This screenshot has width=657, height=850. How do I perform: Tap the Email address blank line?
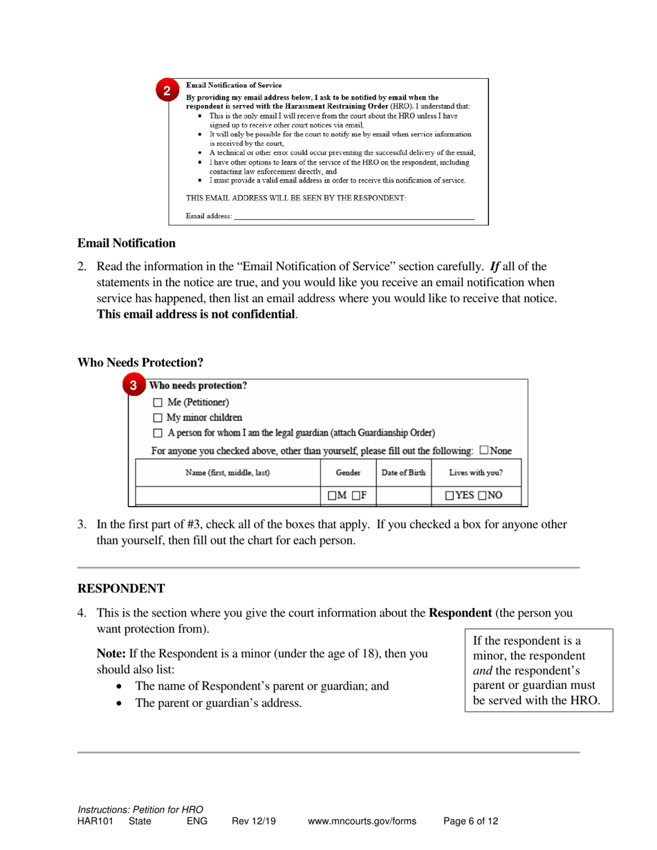click(x=354, y=216)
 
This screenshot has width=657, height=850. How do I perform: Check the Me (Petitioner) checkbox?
click(x=157, y=402)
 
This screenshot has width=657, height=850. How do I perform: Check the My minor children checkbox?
click(x=157, y=417)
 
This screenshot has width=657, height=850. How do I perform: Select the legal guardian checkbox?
click(x=157, y=433)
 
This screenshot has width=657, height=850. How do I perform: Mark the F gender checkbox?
click(x=353, y=495)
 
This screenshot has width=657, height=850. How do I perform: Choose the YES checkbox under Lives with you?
click(x=450, y=495)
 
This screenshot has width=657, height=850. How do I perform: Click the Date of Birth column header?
click(x=404, y=473)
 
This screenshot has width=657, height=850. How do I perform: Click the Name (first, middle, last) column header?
click(x=228, y=473)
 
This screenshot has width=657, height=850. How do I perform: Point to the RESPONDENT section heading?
click(x=121, y=589)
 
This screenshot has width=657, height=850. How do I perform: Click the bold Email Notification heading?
click(x=126, y=243)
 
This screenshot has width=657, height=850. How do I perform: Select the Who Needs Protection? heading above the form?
click(x=140, y=362)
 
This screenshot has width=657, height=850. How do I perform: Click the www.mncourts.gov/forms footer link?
click(x=362, y=822)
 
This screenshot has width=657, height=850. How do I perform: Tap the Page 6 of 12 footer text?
click(x=470, y=822)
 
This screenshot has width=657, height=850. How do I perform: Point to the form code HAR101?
click(x=95, y=822)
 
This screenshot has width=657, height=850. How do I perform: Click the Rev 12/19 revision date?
click(x=254, y=822)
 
